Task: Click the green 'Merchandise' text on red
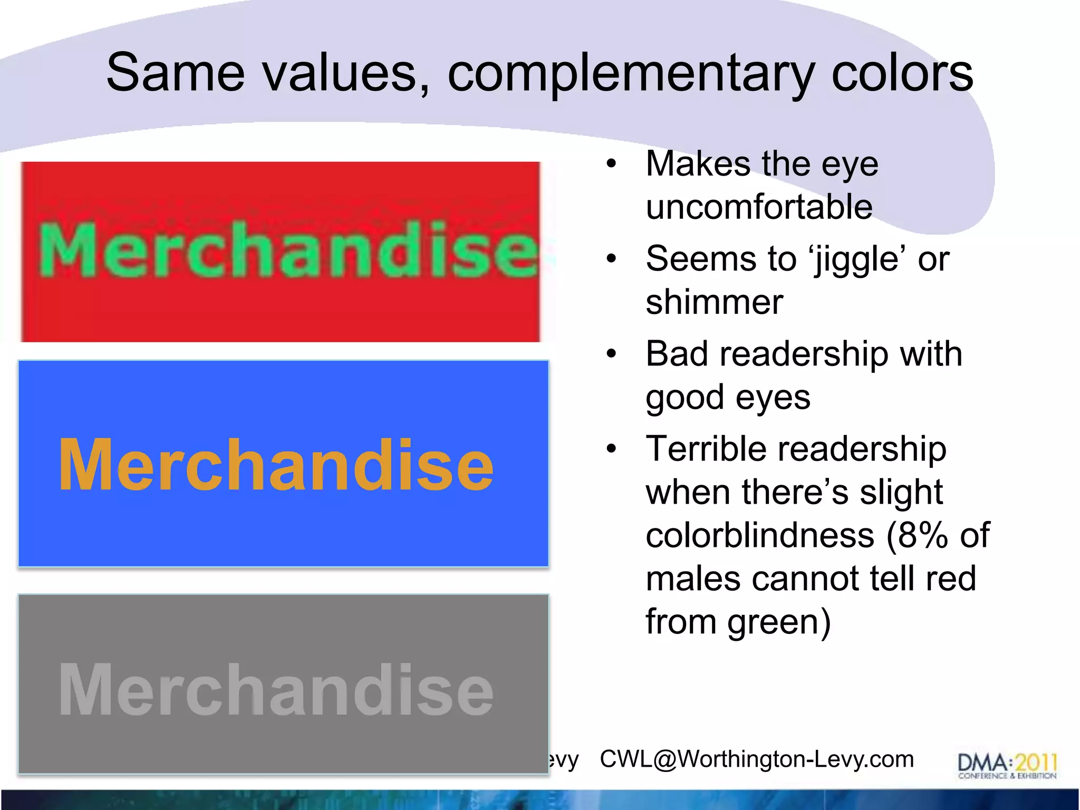point(288,250)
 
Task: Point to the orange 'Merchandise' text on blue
point(276,465)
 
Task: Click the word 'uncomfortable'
point(759,207)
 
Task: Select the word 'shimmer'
point(714,302)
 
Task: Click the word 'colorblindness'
point(760,535)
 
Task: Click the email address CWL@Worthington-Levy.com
point(757,759)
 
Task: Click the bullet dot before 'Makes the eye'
point(611,164)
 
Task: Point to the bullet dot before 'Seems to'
point(611,259)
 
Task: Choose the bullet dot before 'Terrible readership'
point(611,449)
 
